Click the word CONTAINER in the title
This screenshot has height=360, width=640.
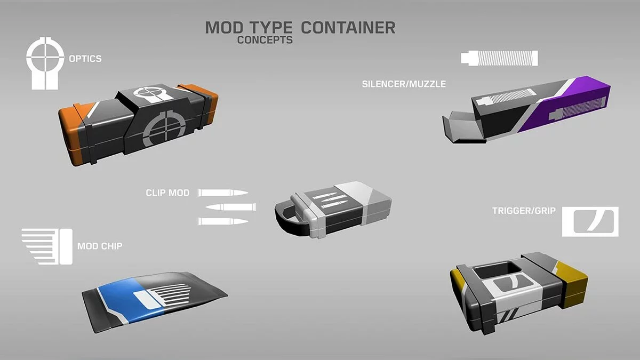(348, 28)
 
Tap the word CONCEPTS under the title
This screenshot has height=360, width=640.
(265, 40)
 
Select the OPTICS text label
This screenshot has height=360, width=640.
(85, 59)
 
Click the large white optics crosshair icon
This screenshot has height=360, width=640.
(45, 63)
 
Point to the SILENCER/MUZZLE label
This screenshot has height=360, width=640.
(404, 84)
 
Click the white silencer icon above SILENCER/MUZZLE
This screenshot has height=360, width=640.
(499, 58)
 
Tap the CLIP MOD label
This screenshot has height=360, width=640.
(167, 193)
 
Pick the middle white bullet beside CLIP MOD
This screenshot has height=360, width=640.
(231, 207)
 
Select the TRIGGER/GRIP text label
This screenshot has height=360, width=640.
(524, 211)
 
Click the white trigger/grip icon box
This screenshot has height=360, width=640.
(590, 222)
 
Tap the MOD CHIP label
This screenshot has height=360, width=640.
(100, 246)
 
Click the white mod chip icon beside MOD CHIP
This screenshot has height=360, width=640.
(47, 246)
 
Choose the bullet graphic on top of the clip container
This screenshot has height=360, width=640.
(330, 200)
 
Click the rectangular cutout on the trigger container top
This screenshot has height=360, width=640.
(498, 270)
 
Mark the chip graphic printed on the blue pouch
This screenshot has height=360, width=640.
(163, 297)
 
